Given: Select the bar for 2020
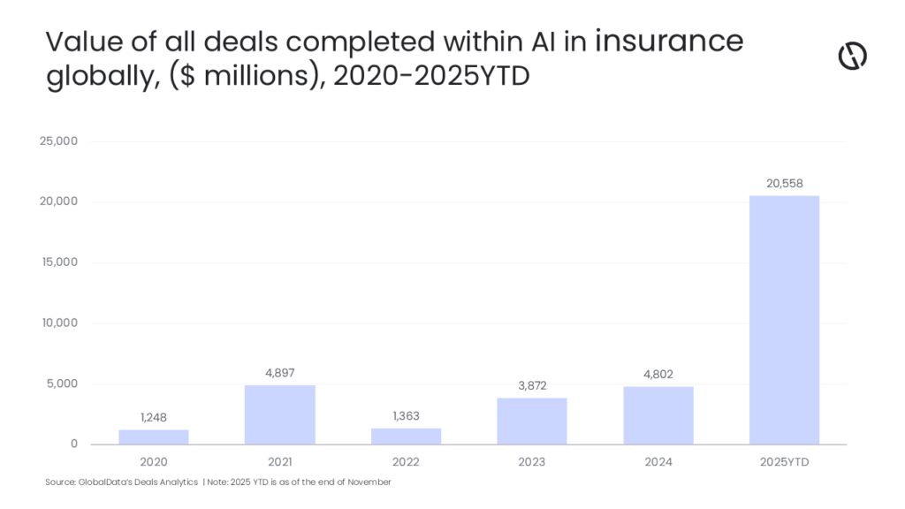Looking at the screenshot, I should pos(153,437).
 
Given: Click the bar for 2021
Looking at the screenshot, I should pos(279,414).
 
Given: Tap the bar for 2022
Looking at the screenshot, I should pos(406,436).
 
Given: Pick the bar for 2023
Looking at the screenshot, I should pos(531,421).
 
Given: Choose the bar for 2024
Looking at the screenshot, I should pos(658,415).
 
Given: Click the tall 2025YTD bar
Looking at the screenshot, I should pos(784,320).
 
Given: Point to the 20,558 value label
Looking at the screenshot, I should pos(784,182).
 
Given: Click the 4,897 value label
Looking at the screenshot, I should pos(279,373).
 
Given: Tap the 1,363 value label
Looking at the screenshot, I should pos(406,415).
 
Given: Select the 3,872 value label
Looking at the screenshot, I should pos(531,385).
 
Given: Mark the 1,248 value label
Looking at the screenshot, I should pos(153,417).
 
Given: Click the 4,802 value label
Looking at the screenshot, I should pos(658,374).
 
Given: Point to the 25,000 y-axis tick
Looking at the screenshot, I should pos(60,141).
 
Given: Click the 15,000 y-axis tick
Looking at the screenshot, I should pos(60,262).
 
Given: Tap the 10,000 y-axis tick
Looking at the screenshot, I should pos(60,323).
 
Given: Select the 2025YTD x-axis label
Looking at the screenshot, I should pos(784,461).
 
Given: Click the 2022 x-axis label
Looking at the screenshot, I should pos(406,461).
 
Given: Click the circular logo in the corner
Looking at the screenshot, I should pos(852,56).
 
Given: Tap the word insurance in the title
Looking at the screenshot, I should pos(669,42).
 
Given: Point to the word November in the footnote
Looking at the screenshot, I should pos(369,482).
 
